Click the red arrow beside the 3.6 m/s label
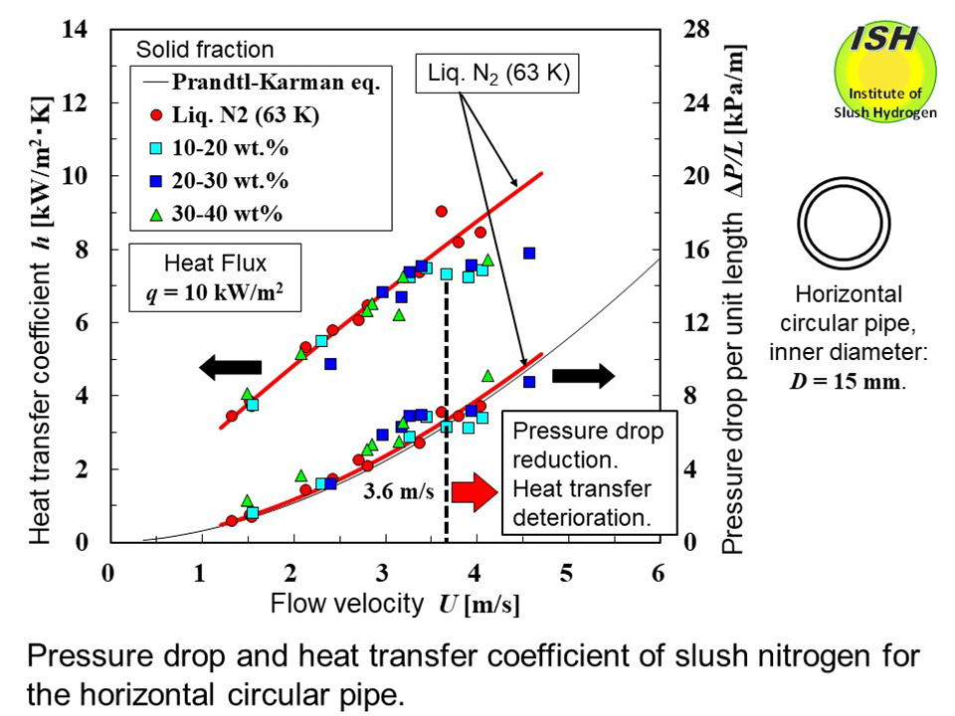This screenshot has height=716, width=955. tap(474, 492)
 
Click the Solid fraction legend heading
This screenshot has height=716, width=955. tap(204, 50)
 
